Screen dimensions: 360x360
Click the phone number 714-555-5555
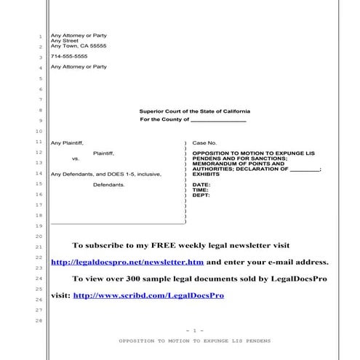pos(68,56)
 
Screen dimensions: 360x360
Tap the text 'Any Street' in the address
pos(63,41)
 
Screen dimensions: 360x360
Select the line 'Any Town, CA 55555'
pos(78,46)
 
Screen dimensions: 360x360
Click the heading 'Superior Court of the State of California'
pos(193,111)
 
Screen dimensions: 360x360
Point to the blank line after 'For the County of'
pos(218,120)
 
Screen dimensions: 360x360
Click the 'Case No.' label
pos(204,143)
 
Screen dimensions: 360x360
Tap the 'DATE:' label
pos(201,185)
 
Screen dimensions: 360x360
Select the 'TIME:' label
pos(200,190)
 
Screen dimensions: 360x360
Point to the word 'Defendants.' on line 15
pos(108,185)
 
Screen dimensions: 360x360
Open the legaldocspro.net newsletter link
pos(128,262)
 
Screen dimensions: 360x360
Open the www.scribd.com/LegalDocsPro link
pos(148,296)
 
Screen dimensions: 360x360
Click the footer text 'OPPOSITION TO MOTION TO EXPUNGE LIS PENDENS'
pos(194,340)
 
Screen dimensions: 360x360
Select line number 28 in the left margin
pos(39,321)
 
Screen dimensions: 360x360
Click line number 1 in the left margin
pos(39,36)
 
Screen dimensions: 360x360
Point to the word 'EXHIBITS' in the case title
pos(206,175)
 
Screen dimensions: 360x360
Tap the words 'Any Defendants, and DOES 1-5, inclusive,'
pos(105,175)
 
